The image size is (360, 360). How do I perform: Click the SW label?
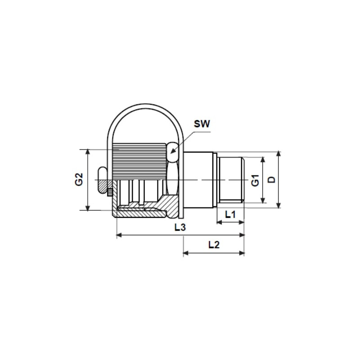point(202,124)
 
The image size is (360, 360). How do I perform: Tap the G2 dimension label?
point(79,180)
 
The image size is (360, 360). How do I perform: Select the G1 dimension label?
point(255,180)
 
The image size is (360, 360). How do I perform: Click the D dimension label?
point(272,180)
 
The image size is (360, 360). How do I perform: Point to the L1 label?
point(230,215)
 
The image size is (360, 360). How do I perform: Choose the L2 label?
point(214,245)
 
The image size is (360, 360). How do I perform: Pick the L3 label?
point(180,227)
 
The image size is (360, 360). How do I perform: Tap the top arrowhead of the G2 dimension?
point(88,152)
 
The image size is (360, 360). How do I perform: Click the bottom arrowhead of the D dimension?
point(279,205)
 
